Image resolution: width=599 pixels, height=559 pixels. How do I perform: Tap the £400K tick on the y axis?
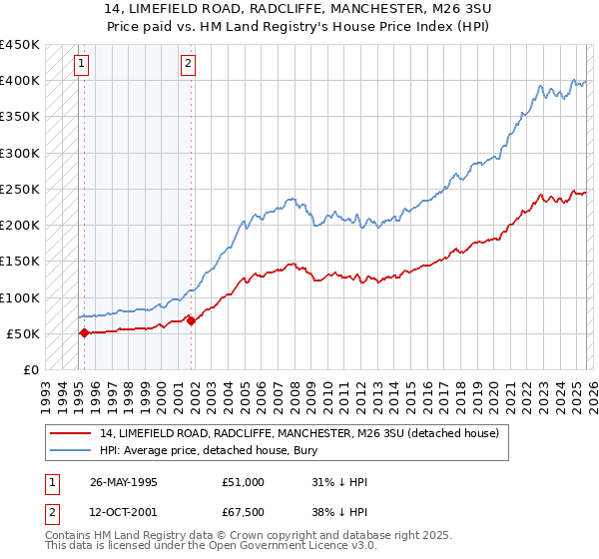click(19, 81)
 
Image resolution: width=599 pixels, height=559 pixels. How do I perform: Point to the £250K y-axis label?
click(19, 190)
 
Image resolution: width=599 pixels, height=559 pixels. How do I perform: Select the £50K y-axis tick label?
click(22, 334)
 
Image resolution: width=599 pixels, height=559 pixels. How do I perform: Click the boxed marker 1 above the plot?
click(82, 66)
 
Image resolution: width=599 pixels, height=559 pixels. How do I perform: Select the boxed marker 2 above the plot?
click(189, 66)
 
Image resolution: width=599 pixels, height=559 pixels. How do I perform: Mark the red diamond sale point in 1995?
click(84, 333)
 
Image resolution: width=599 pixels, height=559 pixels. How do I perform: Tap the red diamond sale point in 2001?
click(191, 321)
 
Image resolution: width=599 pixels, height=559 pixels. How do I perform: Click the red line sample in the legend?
click(72, 432)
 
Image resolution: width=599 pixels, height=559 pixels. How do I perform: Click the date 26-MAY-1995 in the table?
click(126, 483)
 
